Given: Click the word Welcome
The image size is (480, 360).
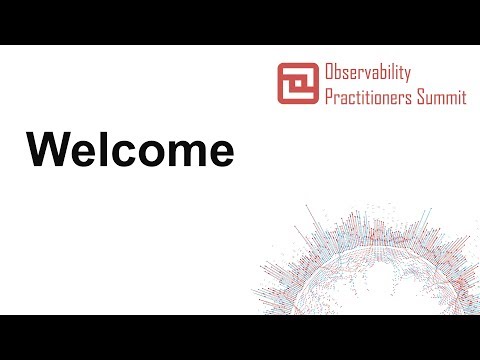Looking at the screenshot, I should click(130, 151).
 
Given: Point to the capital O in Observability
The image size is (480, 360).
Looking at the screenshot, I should click(330, 73).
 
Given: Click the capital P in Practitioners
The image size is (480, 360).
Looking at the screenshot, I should click(329, 97).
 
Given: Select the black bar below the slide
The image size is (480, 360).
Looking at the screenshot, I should click(240, 337).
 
